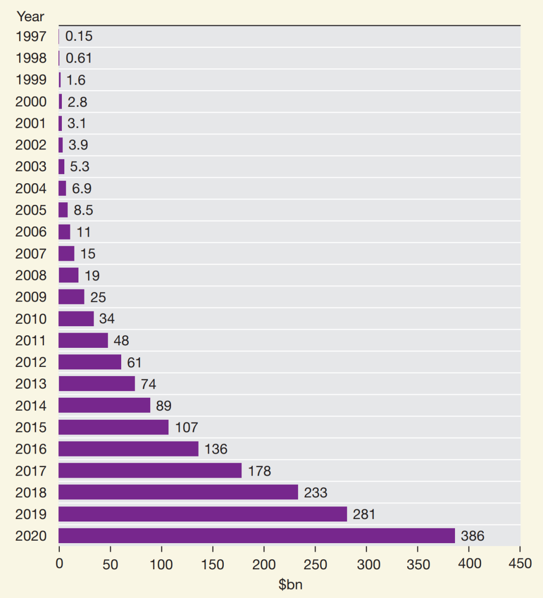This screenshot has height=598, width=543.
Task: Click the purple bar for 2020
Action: click(256, 536)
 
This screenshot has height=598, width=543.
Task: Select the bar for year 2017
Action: click(150, 470)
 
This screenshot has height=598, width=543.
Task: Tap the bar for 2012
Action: click(89, 362)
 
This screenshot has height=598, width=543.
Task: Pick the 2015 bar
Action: click(113, 427)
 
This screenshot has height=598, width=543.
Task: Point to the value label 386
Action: click(473, 536)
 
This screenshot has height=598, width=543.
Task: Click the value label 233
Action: click(316, 492)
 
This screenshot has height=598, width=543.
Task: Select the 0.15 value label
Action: click(79, 36)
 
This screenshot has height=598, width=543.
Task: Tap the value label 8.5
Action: click(83, 210)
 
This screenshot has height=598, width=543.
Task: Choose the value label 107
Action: click(187, 427)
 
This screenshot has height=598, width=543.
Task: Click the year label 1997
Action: click(31, 36)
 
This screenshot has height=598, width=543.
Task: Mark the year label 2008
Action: click(31, 275)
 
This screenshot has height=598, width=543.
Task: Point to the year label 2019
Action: click(31, 514)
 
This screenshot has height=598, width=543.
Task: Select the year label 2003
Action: click(31, 167)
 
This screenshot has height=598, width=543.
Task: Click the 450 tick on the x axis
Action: click(520, 563)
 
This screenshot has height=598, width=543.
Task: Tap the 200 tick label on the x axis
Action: click(263, 564)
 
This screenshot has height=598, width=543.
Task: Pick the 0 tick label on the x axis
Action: click(59, 564)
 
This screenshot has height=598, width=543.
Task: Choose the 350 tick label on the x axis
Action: click(418, 564)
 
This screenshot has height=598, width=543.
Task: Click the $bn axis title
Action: click(291, 584)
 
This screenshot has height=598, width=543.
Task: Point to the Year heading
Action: click(31, 17)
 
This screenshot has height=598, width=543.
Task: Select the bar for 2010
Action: click(76, 319)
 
